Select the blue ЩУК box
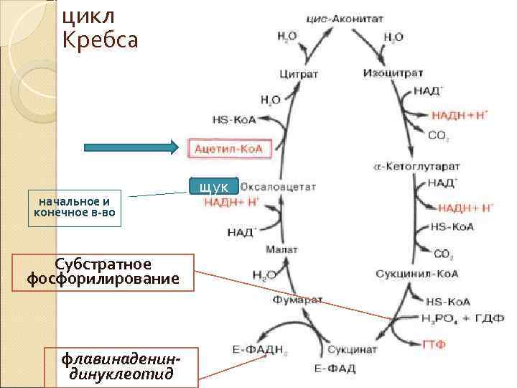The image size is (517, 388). point(214,187)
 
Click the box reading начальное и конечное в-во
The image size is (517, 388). point(75,208)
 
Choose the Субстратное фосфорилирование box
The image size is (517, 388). point(103,272)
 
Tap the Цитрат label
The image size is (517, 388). point(299,73)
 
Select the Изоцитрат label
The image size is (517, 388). point(393,73)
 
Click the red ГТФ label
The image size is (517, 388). point(434,345)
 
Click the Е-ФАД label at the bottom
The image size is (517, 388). point(335,369)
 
